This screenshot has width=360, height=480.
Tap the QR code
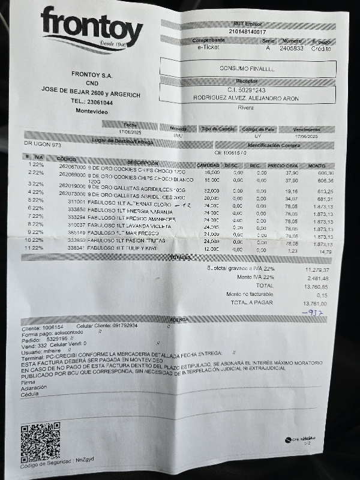click(40, 442)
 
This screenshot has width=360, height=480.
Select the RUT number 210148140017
click(247, 32)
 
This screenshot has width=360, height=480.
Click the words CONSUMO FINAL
click(247, 69)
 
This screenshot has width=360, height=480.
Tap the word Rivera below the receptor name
click(246, 108)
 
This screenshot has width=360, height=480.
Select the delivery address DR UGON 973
click(43, 145)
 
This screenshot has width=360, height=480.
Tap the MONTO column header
click(316, 166)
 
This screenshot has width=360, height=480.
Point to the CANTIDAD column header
click(208, 165)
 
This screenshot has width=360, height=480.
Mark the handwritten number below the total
click(313, 313)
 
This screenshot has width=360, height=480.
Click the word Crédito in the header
click(320, 49)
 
